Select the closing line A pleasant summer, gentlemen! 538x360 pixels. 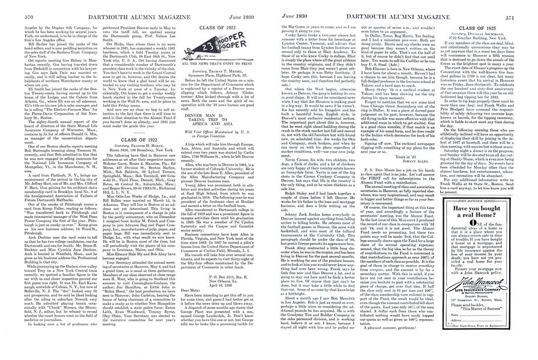391,353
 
